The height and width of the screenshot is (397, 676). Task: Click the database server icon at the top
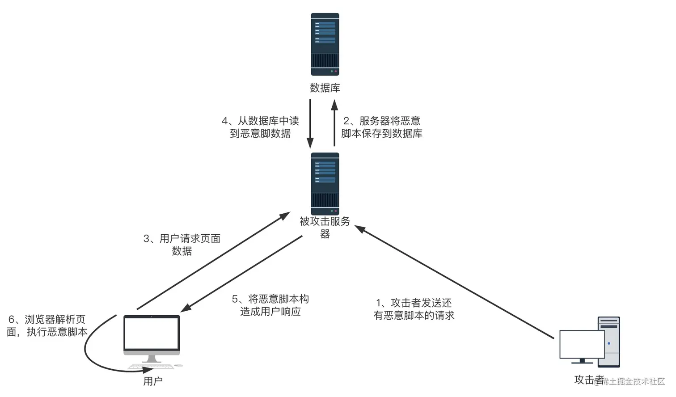(x=325, y=44)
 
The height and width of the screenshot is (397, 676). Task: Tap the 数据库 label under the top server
(x=325, y=88)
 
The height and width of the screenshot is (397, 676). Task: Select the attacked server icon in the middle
(x=325, y=184)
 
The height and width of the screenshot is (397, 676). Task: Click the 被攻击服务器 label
(x=325, y=227)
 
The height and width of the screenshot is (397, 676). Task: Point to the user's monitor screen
(x=152, y=333)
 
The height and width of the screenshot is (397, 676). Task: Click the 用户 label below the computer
(x=153, y=381)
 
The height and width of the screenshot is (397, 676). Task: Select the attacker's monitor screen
(x=582, y=344)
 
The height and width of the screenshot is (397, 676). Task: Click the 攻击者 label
(x=588, y=380)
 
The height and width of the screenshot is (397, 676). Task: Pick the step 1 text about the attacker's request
(x=414, y=309)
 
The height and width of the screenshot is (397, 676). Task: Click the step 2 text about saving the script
(x=382, y=127)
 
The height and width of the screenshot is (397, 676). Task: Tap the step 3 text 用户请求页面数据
(x=182, y=245)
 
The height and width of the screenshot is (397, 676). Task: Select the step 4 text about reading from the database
(x=260, y=127)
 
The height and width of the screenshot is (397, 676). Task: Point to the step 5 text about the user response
(x=270, y=305)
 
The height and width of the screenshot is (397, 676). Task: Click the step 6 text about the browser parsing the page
(x=47, y=326)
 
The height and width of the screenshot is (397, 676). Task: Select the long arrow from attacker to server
(x=454, y=282)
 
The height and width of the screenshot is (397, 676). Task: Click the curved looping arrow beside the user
(x=89, y=353)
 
